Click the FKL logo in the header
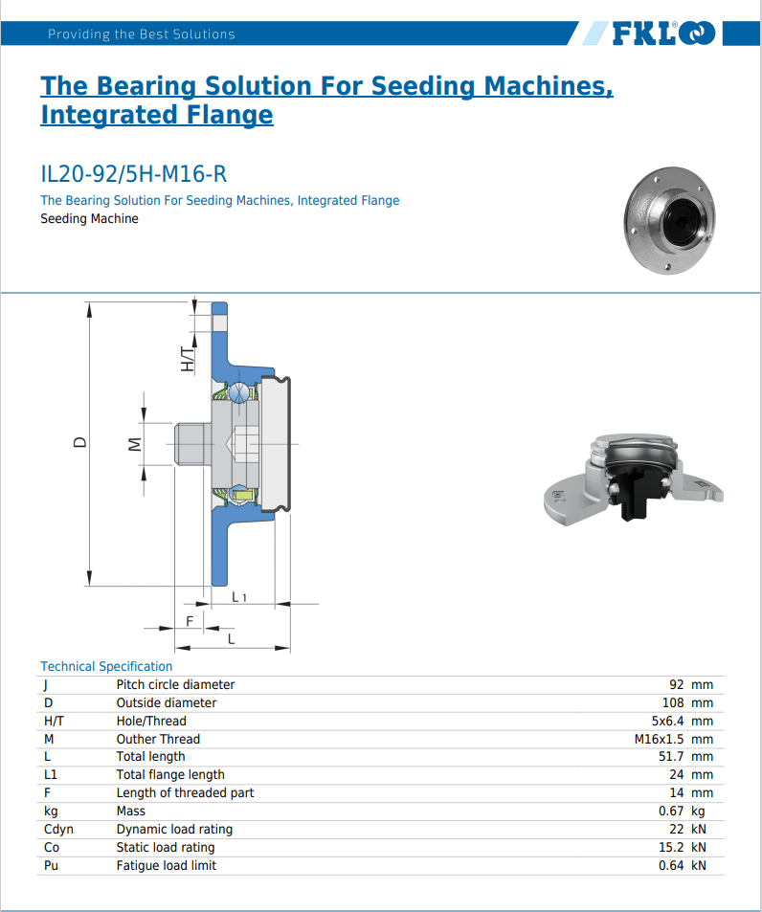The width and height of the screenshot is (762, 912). coord(662,34)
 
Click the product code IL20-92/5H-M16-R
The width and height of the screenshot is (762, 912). coord(133,174)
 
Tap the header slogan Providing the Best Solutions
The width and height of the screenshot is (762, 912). coord(141,34)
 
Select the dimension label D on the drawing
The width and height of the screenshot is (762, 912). coord(80,442)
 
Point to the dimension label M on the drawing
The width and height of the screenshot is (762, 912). coord(135,444)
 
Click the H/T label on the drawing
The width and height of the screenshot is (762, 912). coord(188,360)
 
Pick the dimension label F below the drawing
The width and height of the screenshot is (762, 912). coord(190,621)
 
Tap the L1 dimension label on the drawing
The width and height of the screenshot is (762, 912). coord(239,598)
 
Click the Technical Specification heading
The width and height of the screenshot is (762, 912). coord(106,666)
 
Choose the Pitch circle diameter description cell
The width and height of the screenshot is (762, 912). coord(175,684)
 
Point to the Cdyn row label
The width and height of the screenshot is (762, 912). coord(58,829)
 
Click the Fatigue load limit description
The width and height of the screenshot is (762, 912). coord(166,865)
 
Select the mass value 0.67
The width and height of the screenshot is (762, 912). coord(676,811)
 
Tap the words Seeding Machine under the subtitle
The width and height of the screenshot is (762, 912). coord(89,219)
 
